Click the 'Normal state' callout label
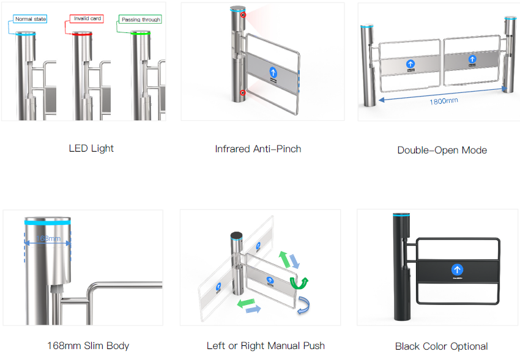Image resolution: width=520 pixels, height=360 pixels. pyautogui.click(x=31, y=20)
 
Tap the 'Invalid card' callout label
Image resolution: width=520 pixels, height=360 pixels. pyautogui.click(x=87, y=19)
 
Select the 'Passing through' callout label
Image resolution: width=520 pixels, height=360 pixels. pyautogui.click(x=140, y=20)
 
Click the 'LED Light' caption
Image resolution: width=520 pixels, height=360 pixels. pyautogui.click(x=91, y=148)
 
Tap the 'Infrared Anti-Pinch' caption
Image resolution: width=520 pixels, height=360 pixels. pyautogui.click(x=258, y=149)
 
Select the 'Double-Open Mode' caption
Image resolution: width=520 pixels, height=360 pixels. pyautogui.click(x=442, y=150)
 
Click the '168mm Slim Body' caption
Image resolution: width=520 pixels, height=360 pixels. pyautogui.click(x=88, y=345)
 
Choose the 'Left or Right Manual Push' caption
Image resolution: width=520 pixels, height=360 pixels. pyautogui.click(x=266, y=345)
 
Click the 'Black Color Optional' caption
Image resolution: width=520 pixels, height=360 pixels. pyautogui.click(x=441, y=346)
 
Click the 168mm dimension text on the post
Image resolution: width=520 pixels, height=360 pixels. pyautogui.click(x=48, y=238)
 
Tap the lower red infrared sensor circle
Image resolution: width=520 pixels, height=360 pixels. pyautogui.click(x=243, y=93)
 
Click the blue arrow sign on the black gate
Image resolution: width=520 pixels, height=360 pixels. pyautogui.click(x=456, y=270)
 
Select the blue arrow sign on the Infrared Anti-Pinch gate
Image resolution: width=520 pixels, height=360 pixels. pyautogui.click(x=273, y=72)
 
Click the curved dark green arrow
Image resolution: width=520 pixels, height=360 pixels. pyautogui.click(x=299, y=282)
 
